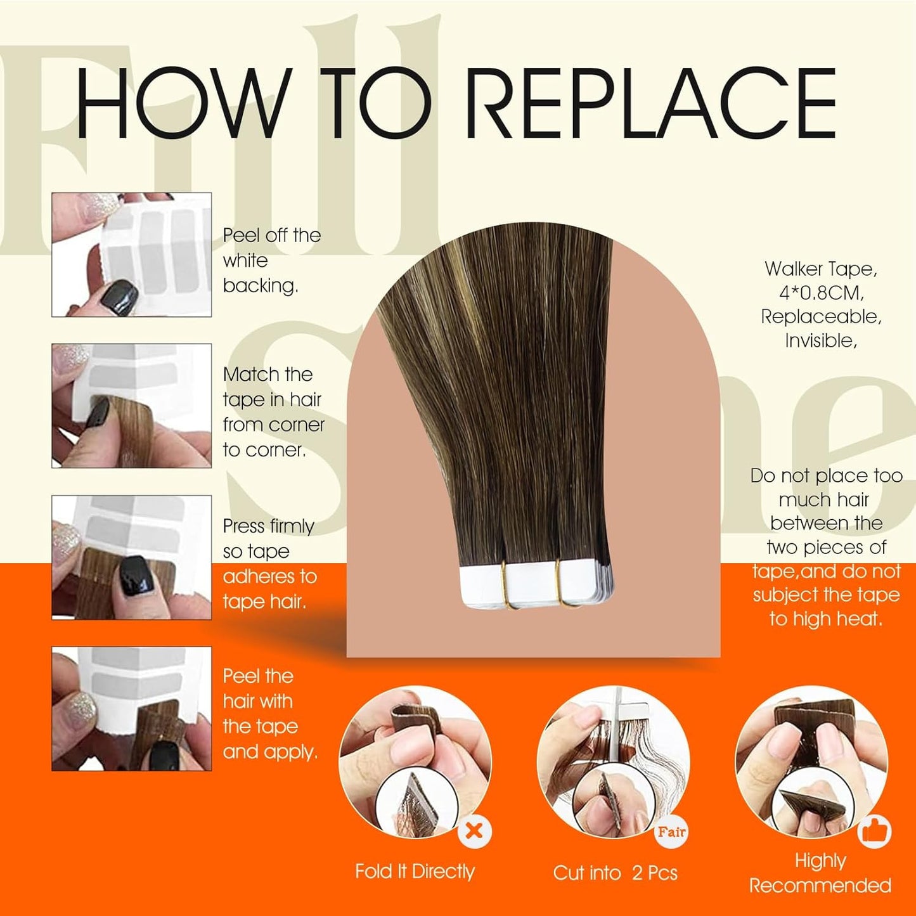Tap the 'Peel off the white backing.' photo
(131, 254)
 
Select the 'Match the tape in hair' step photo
(131, 406)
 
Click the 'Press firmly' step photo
(131, 557)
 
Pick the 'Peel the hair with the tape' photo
(131, 709)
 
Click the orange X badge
(474, 830)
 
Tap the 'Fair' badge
(671, 832)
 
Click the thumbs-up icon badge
(874, 831)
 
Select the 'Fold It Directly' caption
(415, 872)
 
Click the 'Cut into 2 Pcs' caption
(615, 873)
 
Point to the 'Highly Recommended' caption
(820, 873)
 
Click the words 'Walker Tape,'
(821, 269)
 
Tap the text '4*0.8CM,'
(821, 293)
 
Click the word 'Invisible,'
(821, 341)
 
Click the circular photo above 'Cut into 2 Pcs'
(613, 761)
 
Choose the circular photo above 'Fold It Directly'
(415, 761)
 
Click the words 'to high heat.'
(825, 619)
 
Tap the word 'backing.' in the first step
(261, 286)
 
